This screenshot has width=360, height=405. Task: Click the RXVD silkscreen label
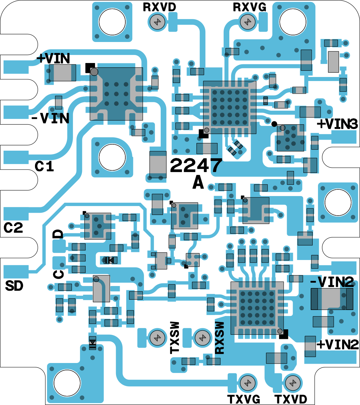point(159,7)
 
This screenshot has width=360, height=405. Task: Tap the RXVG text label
point(249,7)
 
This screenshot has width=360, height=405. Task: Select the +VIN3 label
point(337,124)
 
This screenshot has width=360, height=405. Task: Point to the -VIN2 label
point(332,282)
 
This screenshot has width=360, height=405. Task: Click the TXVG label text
point(243,399)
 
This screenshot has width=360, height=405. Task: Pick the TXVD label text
point(291,399)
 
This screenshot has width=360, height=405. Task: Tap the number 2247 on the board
point(196,165)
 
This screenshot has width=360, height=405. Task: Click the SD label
point(14,286)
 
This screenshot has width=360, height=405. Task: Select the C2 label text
point(13,228)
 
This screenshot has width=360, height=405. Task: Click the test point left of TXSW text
point(157,338)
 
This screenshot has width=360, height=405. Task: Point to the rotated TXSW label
point(175,337)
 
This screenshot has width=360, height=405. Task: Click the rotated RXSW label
point(220,337)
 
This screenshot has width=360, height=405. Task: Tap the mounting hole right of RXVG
point(293,22)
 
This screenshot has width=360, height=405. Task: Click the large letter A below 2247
point(198,182)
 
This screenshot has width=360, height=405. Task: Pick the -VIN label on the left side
point(50,118)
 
